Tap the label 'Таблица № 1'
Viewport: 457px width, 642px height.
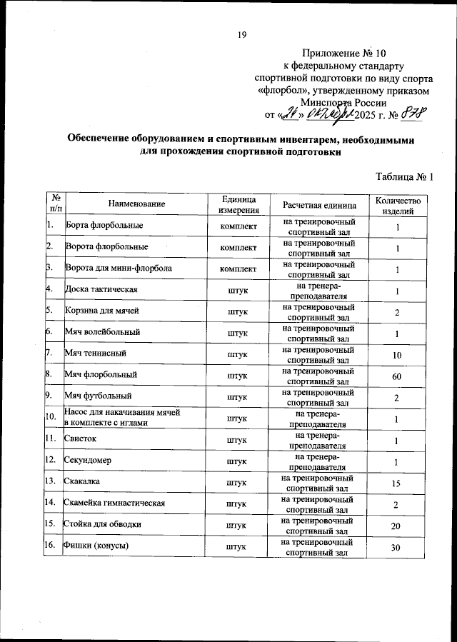point(403,176)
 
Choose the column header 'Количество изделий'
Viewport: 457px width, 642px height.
point(397,204)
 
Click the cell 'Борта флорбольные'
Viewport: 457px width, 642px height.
point(104,226)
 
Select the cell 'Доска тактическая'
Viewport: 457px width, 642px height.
point(101,289)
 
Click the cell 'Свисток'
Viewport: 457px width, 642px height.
point(81,439)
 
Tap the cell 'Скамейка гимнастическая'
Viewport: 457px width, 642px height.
point(115,503)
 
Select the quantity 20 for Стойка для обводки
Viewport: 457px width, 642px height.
point(397,526)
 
